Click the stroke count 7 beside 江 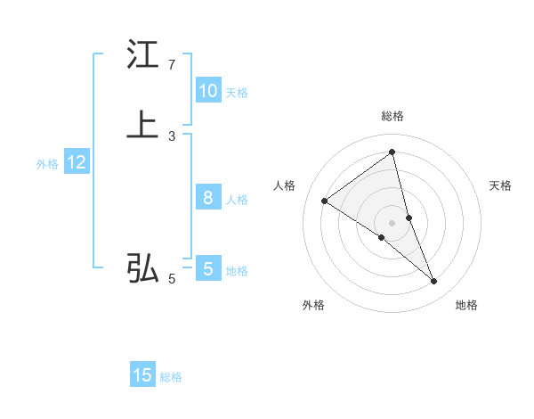click(171, 65)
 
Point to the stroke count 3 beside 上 click(171, 136)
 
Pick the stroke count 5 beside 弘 click(171, 279)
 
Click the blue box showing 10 click(207, 91)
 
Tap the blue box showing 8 click(207, 198)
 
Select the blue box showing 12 click(76, 162)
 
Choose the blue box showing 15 click(142, 375)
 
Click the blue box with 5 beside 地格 click(207, 268)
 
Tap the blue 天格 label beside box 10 click(237, 93)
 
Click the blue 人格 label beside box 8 click(237, 200)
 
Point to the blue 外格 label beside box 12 click(47, 164)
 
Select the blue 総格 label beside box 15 click(171, 377)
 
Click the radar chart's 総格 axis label click(392, 116)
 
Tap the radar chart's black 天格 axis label click(501, 185)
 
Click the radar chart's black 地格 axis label click(466, 305)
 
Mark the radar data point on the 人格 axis click(324, 201)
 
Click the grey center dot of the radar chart click(392, 222)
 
